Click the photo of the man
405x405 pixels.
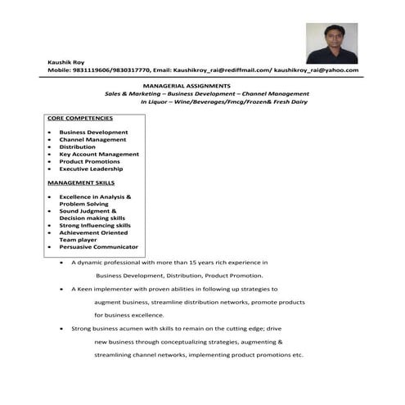(331, 43)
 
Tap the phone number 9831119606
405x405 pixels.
(97, 70)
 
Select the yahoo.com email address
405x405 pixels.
(316, 70)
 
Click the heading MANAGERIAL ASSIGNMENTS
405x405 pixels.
(187, 85)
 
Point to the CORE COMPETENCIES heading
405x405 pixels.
(80, 118)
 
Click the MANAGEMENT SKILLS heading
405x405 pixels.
(81, 182)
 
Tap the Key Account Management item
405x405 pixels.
(99, 155)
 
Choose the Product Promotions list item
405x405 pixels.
(89, 161)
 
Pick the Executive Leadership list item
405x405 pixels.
(91, 169)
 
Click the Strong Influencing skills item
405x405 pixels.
(94, 225)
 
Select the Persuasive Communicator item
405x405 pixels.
(98, 246)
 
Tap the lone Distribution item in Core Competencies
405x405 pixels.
(77, 147)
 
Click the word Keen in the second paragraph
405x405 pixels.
(88, 289)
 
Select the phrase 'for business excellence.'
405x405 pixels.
(128, 315)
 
